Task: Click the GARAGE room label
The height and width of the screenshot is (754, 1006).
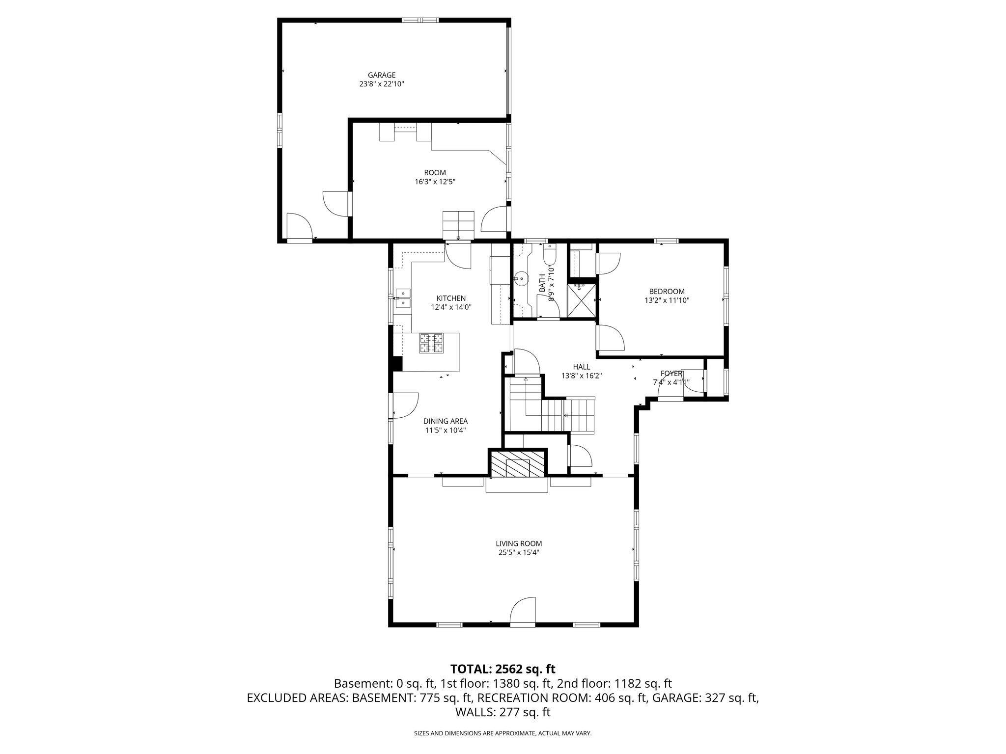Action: (382, 75)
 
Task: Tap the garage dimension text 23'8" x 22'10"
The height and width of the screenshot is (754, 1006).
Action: (382, 84)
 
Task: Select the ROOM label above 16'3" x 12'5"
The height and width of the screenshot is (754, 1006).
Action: (435, 173)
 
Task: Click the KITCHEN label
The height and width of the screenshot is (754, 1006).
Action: (451, 298)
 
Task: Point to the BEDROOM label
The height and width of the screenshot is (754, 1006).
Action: (667, 292)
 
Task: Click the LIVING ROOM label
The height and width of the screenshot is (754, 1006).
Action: (519, 543)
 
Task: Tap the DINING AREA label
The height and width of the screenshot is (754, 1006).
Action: (446, 421)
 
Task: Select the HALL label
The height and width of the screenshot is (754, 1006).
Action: (582, 367)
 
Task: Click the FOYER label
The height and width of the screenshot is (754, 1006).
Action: (671, 374)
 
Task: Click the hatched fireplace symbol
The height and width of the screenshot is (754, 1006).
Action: (517, 464)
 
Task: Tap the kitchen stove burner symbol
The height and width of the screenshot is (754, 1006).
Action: (431, 343)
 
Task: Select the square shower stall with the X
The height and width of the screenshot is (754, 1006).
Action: (582, 300)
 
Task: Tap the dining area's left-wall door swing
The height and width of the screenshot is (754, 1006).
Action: (404, 406)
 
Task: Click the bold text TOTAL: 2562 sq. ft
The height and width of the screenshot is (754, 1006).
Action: (503, 669)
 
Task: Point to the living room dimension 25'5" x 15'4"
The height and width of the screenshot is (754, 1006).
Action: (519, 552)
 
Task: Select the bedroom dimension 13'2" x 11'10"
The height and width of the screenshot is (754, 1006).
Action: (667, 300)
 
